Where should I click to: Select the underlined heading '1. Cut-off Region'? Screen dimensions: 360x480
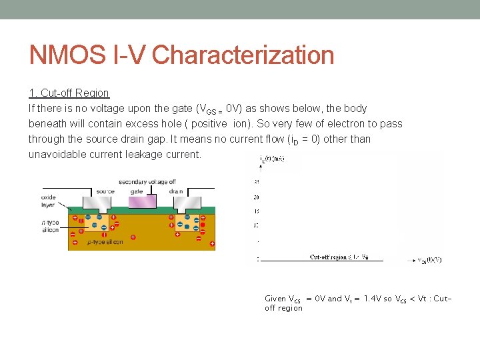coord(69,93)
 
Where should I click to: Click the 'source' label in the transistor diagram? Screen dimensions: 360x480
coord(105,192)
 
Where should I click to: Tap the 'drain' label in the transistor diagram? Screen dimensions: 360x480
coord(175,192)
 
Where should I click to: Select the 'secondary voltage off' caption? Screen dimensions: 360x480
coord(147,182)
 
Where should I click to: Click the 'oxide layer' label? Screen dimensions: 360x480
coord(49,201)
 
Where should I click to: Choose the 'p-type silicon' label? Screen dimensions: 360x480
coord(105,242)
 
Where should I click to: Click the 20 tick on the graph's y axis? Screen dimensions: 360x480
coord(257,197)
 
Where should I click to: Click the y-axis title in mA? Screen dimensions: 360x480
coord(272,159)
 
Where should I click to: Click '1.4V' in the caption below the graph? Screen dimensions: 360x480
coord(369,299)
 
